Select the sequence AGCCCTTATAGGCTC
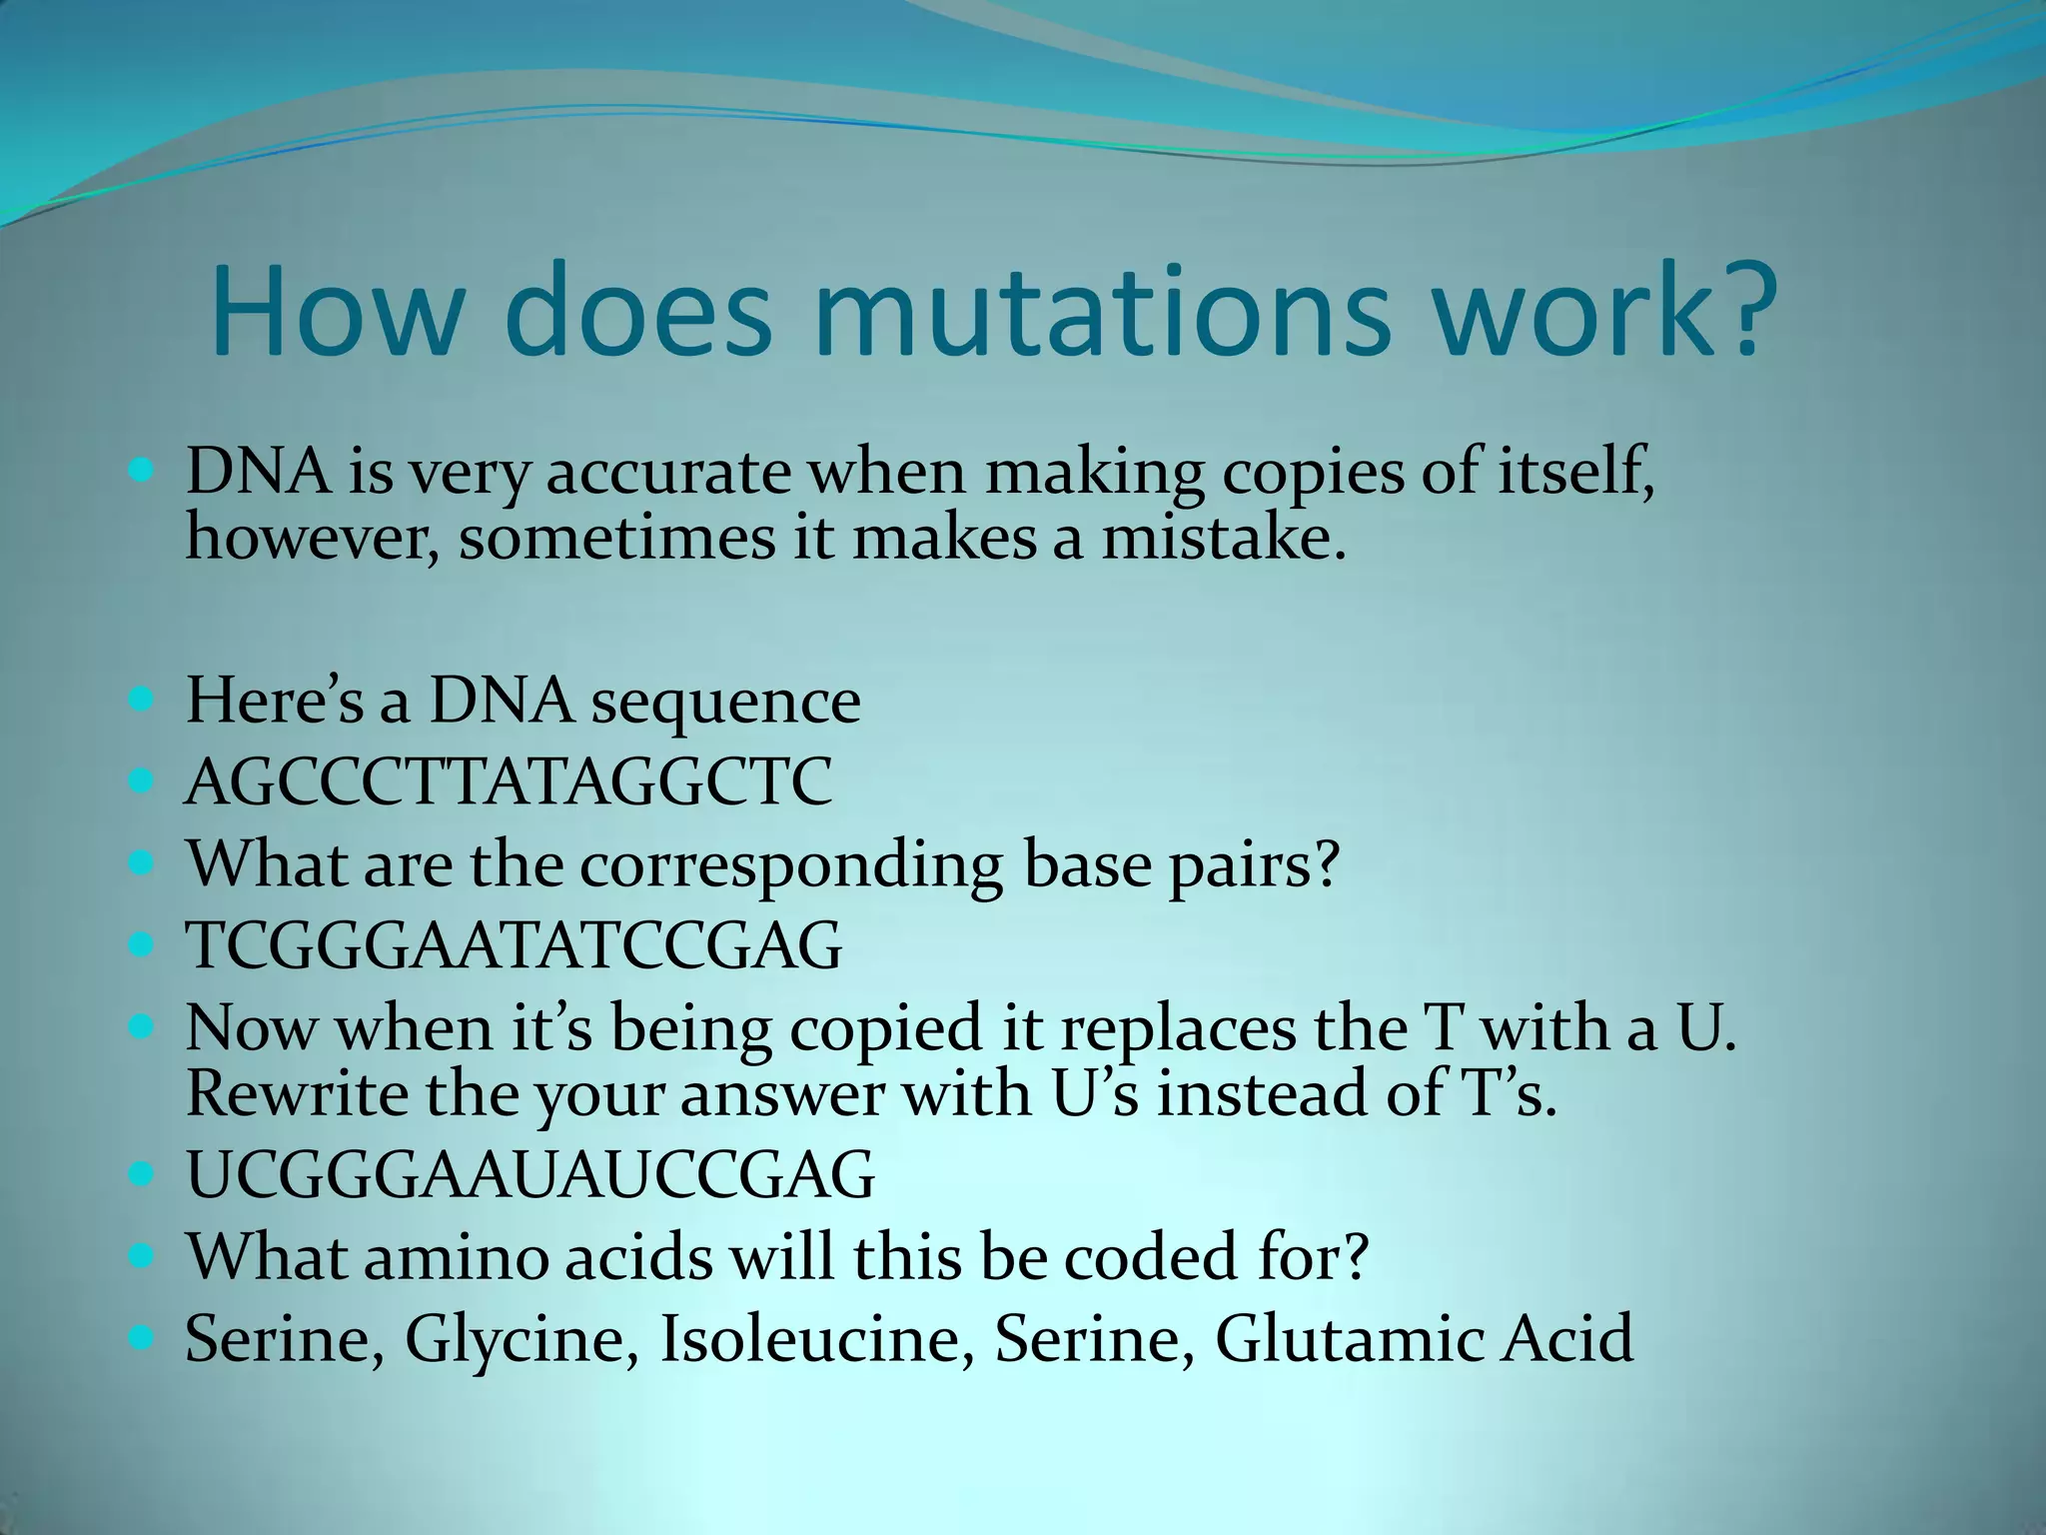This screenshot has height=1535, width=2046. pyautogui.click(x=509, y=781)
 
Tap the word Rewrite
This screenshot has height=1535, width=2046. pyautogui.click(x=297, y=1093)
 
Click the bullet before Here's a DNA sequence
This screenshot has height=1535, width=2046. pyautogui.click(x=143, y=699)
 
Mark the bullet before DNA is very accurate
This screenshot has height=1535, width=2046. pyautogui.click(x=143, y=470)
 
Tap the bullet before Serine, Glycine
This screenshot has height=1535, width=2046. pyautogui.click(x=143, y=1336)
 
